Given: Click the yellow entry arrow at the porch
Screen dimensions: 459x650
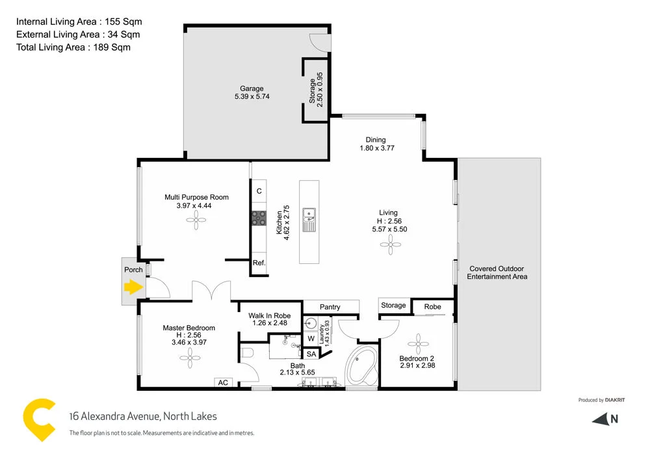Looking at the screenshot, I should click(x=134, y=287).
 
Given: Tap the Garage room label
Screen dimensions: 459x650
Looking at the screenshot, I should click(x=252, y=89).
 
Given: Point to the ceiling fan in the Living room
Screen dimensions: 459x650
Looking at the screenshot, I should click(x=390, y=245).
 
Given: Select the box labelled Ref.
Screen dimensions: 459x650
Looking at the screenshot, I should click(x=259, y=264).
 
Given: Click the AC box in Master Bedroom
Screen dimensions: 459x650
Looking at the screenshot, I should click(x=223, y=383).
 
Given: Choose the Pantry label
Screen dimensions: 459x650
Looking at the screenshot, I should click(x=330, y=306).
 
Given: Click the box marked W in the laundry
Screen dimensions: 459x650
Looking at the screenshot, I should click(x=311, y=337).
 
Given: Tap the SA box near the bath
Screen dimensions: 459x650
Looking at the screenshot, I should click(x=311, y=354).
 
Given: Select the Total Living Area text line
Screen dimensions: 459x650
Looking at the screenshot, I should click(x=73, y=47).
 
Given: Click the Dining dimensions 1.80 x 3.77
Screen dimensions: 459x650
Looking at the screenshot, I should click(x=377, y=148).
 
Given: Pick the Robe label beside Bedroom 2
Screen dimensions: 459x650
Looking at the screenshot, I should click(x=432, y=307).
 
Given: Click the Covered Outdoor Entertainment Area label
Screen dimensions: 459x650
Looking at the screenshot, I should click(x=497, y=272).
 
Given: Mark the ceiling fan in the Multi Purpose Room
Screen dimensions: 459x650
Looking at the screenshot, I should click(x=196, y=221).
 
